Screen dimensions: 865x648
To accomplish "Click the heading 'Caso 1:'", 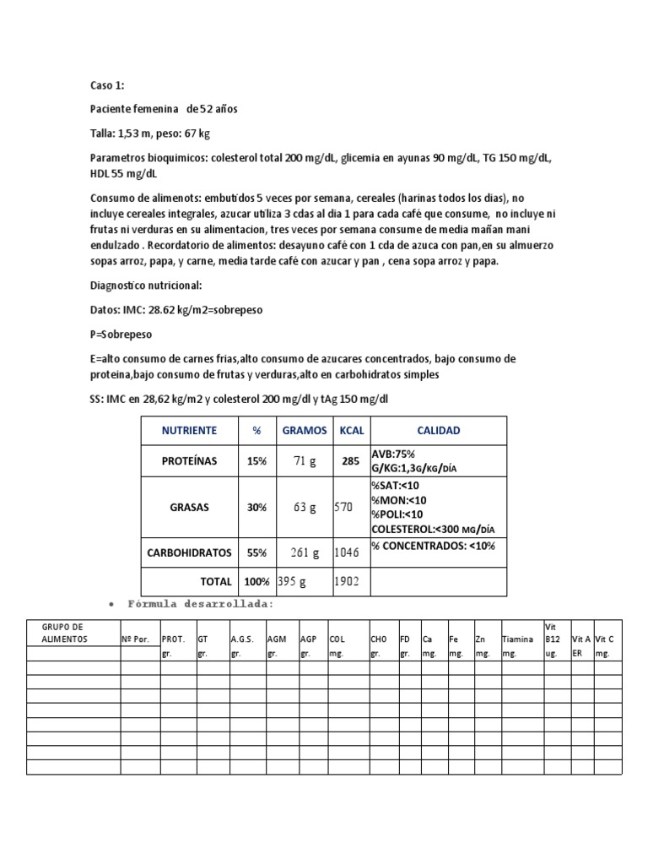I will click(x=107, y=85).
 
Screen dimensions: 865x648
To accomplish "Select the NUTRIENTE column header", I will click(x=190, y=430).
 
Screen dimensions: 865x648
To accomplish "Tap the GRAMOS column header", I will click(x=305, y=430).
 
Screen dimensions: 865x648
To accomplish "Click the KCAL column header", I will click(x=352, y=430).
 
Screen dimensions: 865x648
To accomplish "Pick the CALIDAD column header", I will click(x=439, y=430).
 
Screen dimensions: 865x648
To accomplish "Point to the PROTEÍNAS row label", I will click(x=190, y=461).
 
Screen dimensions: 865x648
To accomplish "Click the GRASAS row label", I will click(x=190, y=508).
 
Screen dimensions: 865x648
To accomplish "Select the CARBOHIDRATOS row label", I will click(x=190, y=552).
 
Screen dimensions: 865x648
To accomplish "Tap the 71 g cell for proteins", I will click(x=305, y=461).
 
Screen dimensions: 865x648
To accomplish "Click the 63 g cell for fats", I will click(x=305, y=508).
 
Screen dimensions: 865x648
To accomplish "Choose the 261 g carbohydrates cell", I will click(x=305, y=552).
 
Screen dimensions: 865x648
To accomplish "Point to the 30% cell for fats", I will click(x=256, y=508).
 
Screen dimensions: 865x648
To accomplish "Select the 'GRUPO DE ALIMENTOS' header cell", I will click(x=64, y=633).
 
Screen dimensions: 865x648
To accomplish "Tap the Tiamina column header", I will click(x=517, y=639).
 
